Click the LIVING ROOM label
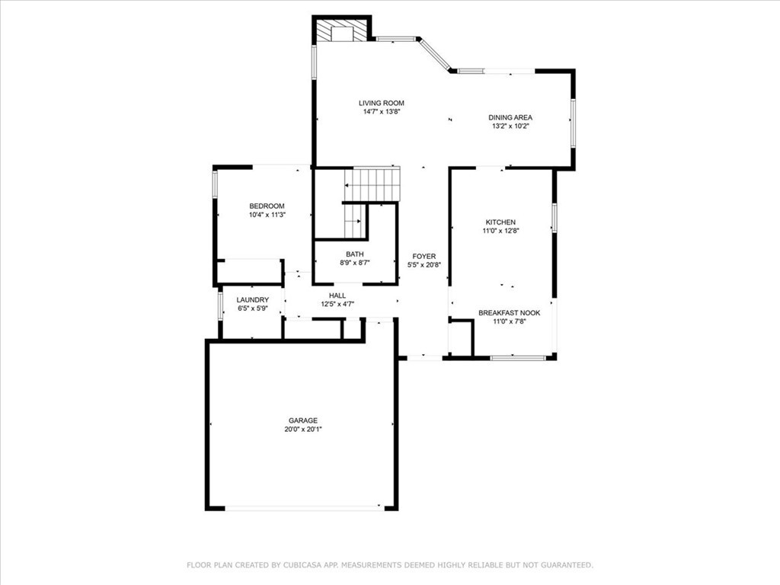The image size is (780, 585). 382,103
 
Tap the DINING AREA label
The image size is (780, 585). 510,117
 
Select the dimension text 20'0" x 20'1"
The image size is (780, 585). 303,430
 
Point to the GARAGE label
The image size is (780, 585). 303,420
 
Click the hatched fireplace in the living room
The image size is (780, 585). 342,30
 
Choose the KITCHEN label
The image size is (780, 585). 500,222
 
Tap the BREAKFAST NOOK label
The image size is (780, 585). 510,312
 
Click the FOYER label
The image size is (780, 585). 424,256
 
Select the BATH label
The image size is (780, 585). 355,254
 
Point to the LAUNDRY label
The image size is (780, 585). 253,299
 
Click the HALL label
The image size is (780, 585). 337,296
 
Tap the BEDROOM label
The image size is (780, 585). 267,206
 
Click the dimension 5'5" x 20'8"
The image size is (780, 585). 424,265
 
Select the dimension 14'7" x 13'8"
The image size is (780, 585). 382,112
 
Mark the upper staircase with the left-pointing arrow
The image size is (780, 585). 372,184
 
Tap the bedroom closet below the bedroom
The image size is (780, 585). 249,272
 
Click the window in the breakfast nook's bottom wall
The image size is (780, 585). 517,357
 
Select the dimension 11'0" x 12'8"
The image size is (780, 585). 501,231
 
